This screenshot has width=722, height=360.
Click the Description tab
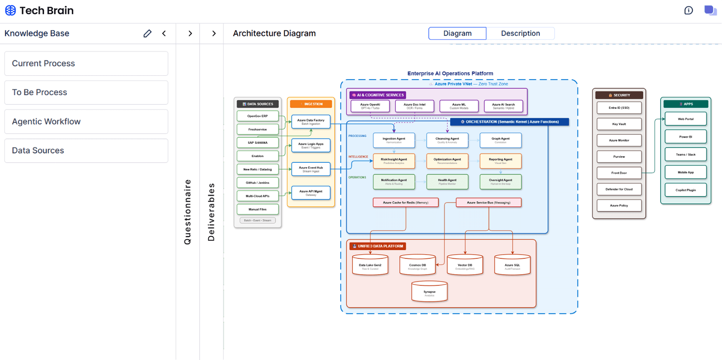pyautogui.click(x=520, y=33)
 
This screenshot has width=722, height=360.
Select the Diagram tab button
pyautogui.click(x=457, y=33)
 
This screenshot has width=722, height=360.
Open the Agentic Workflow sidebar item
pyautogui.click(x=86, y=121)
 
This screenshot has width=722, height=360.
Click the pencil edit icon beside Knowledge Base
pyautogui.click(x=147, y=33)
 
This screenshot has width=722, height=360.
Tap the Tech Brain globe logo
pyautogui.click(x=10, y=10)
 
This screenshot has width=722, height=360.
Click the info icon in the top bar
pyautogui.click(x=688, y=10)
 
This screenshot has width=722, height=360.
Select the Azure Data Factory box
pyautogui.click(x=311, y=121)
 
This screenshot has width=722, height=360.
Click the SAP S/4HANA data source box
pyautogui.click(x=258, y=143)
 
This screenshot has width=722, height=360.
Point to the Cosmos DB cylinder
pyautogui.click(x=417, y=265)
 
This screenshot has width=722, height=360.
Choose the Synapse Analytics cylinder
pyautogui.click(x=429, y=292)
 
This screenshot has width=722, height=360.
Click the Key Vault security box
pyautogui.click(x=619, y=124)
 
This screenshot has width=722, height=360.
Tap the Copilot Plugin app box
pyautogui.click(x=685, y=190)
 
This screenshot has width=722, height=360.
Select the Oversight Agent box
pyautogui.click(x=500, y=182)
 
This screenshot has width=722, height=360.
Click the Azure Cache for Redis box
pyautogui.click(x=405, y=202)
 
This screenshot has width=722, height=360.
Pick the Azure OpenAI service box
pyautogui.click(x=370, y=106)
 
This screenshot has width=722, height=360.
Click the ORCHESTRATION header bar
pyautogui.click(x=509, y=122)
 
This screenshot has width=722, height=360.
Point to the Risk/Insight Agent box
pyautogui.click(x=394, y=160)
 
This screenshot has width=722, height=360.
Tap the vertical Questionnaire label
pyautogui.click(x=188, y=212)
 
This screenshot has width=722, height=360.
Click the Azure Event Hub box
pyautogui.click(x=311, y=169)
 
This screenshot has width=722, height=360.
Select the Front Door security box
pyautogui.click(x=619, y=173)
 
